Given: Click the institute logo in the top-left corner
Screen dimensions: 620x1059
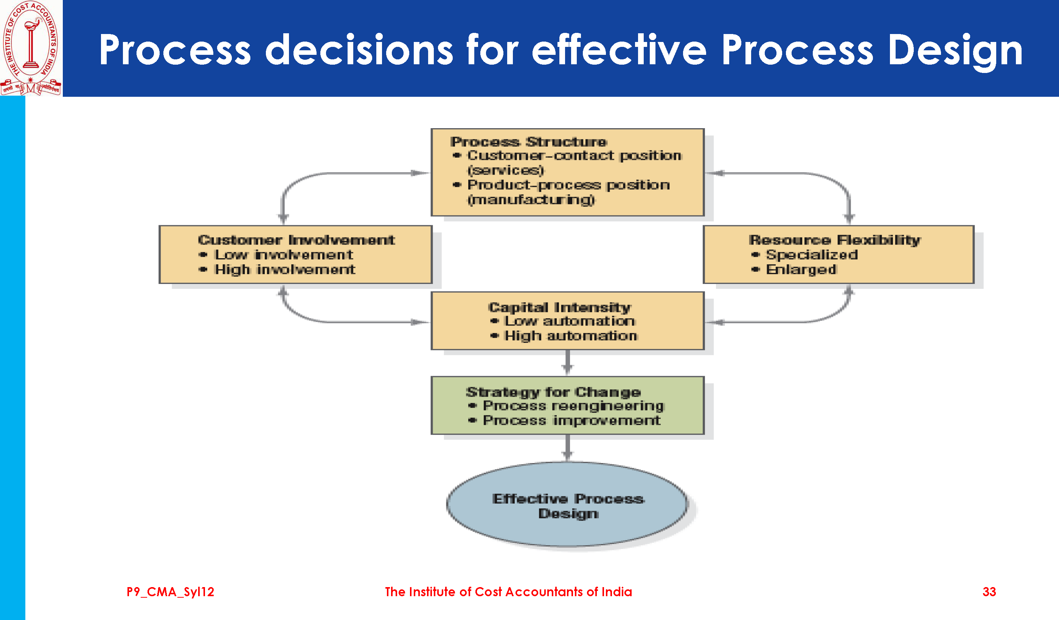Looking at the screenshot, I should (31, 48).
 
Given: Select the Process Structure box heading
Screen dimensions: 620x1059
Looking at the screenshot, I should (528, 142).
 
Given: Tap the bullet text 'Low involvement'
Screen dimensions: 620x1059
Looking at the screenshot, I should (284, 254).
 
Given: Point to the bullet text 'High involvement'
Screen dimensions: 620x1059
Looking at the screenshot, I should (285, 269).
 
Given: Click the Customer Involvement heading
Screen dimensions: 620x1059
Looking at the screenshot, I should (296, 240).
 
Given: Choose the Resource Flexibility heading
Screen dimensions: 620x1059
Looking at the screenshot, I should (835, 240).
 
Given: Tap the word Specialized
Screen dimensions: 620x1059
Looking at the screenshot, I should (812, 254).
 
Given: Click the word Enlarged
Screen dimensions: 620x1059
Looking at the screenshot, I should (801, 269).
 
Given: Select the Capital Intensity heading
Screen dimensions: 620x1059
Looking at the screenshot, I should (559, 307).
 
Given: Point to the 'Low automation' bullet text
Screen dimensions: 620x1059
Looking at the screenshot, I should (570, 321).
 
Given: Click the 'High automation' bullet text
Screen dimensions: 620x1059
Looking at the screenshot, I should (571, 336).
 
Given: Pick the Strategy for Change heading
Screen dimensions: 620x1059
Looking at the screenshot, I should (553, 392).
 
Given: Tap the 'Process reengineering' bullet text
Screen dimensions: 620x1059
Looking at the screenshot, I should (573, 406).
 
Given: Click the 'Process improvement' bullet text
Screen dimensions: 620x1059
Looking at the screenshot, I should (571, 420).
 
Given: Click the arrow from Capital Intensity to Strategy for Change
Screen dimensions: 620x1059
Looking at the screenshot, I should (567, 362).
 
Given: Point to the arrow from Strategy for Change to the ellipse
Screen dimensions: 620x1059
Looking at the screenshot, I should (567, 448).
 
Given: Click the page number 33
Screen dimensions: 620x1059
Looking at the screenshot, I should (989, 592).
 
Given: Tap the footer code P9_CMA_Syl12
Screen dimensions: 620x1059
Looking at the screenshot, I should (170, 592).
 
